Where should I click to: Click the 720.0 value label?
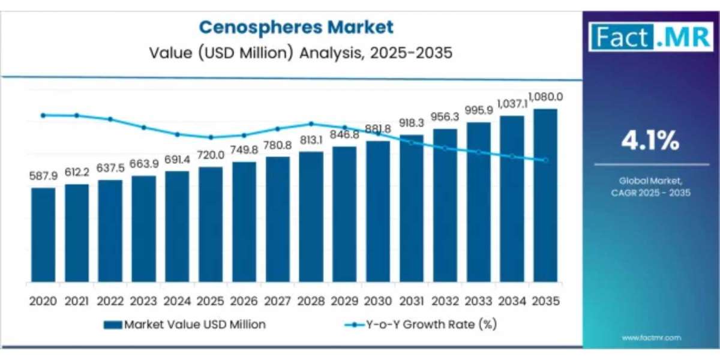211,155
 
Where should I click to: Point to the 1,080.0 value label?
545,97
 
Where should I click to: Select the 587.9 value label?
43,176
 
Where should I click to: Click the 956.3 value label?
445,117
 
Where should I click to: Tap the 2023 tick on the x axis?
143,300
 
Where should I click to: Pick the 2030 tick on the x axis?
377,300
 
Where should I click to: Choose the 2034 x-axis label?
511,300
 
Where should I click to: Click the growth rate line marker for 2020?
43,115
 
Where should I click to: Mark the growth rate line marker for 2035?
545,160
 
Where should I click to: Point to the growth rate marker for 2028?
311,124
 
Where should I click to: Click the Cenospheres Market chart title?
296,27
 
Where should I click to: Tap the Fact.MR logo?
650,37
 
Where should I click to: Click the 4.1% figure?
650,142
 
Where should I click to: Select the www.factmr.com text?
651,338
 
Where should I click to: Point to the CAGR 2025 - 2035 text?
650,193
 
